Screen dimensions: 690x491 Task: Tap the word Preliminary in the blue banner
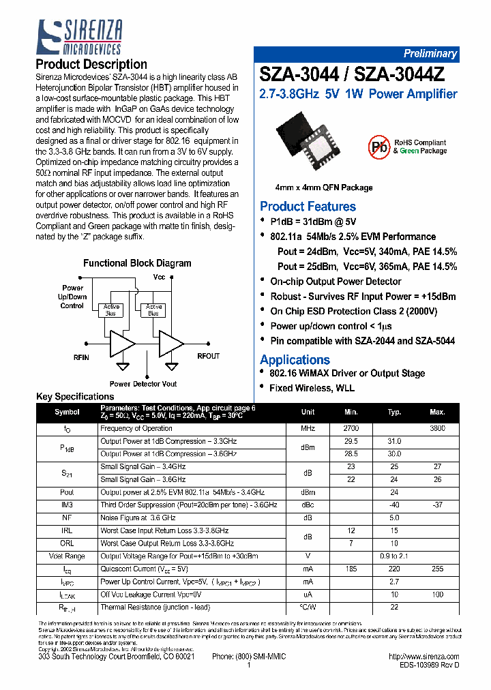point(430,54)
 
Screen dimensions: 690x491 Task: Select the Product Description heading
point(91,65)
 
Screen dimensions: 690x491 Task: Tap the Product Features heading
point(308,206)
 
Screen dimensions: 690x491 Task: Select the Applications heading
point(295,359)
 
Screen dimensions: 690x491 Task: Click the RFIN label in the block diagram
point(80,357)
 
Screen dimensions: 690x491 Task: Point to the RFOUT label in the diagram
point(208,356)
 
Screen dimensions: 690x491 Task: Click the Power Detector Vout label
point(143,384)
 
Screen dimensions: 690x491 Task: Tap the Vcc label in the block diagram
point(159,277)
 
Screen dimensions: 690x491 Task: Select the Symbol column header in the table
point(67,412)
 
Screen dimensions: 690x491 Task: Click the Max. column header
point(437,412)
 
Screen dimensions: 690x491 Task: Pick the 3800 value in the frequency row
point(437,428)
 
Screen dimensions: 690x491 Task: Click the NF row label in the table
point(67,517)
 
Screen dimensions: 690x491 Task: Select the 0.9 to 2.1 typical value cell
point(394,556)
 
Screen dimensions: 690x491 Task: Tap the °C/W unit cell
point(308,607)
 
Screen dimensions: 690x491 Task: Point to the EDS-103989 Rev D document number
point(430,664)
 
